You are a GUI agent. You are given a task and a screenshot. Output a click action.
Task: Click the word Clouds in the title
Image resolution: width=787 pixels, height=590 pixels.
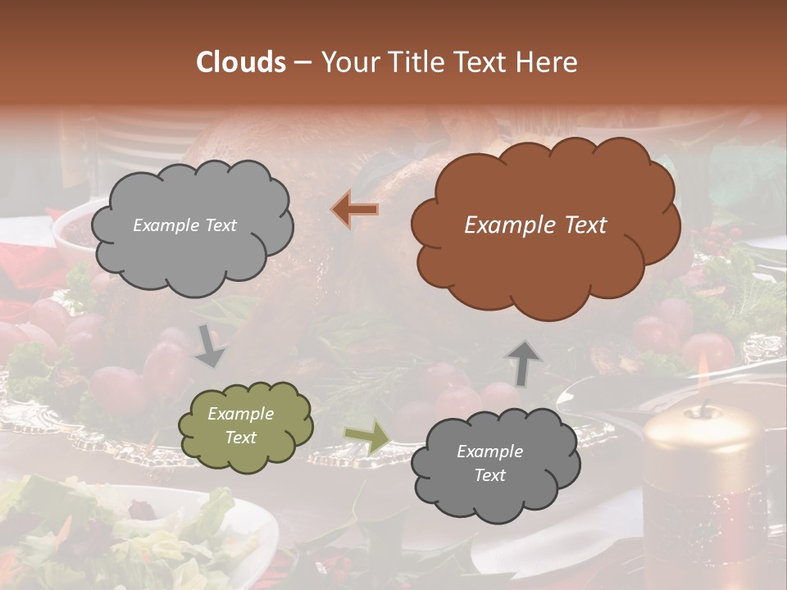pyautogui.click(x=240, y=62)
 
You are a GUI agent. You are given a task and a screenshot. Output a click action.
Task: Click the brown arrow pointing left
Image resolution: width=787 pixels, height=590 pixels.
pyautogui.click(x=356, y=210)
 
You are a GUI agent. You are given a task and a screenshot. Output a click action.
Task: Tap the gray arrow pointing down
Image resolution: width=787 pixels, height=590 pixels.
pyautogui.click(x=210, y=346)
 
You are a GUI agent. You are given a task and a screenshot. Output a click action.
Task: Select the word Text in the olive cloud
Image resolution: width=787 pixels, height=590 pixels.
pyautogui.click(x=241, y=438)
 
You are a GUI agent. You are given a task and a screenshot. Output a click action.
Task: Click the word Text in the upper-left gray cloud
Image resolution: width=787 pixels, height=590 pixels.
pyautogui.click(x=219, y=225)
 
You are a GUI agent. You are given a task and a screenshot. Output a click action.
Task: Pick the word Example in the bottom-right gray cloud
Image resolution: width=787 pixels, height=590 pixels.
pyautogui.click(x=489, y=452)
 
